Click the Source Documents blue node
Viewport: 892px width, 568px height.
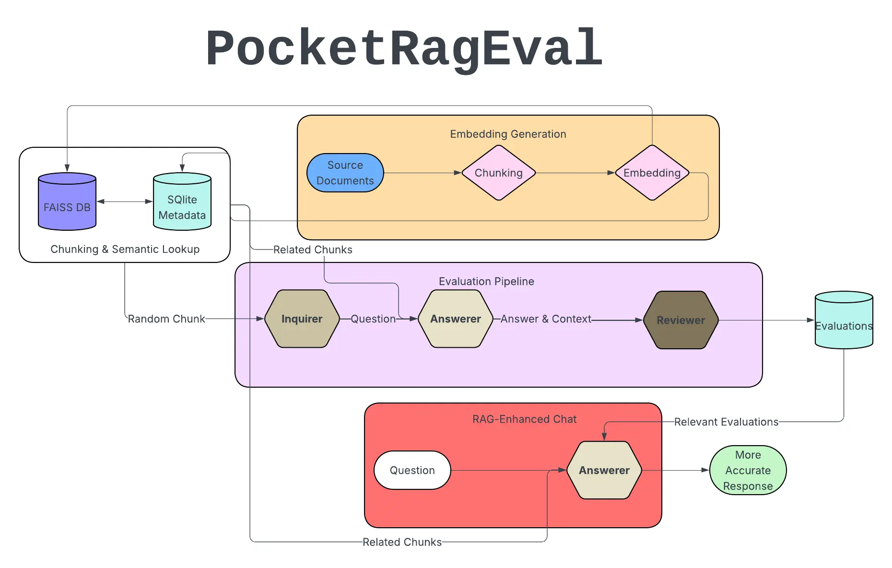point(345,173)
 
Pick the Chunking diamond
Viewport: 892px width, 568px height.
point(499,173)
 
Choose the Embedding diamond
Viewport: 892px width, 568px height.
point(652,173)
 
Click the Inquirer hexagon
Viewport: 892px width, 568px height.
point(302,319)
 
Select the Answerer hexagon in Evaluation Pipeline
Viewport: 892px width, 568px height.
point(456,319)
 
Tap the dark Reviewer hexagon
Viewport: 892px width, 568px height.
point(681,320)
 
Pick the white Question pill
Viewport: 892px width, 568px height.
point(412,470)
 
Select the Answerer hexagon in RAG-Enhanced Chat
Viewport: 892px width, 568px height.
point(604,470)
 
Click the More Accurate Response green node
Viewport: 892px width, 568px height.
point(748,470)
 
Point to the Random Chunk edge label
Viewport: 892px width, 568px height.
point(166,319)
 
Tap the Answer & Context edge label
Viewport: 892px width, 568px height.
point(546,319)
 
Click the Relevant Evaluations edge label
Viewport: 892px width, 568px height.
point(726,422)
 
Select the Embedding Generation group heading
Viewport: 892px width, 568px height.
point(508,134)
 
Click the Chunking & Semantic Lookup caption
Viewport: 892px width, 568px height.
point(125,249)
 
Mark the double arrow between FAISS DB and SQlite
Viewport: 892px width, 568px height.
point(125,201)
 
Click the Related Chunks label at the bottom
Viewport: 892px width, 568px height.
point(402,542)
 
